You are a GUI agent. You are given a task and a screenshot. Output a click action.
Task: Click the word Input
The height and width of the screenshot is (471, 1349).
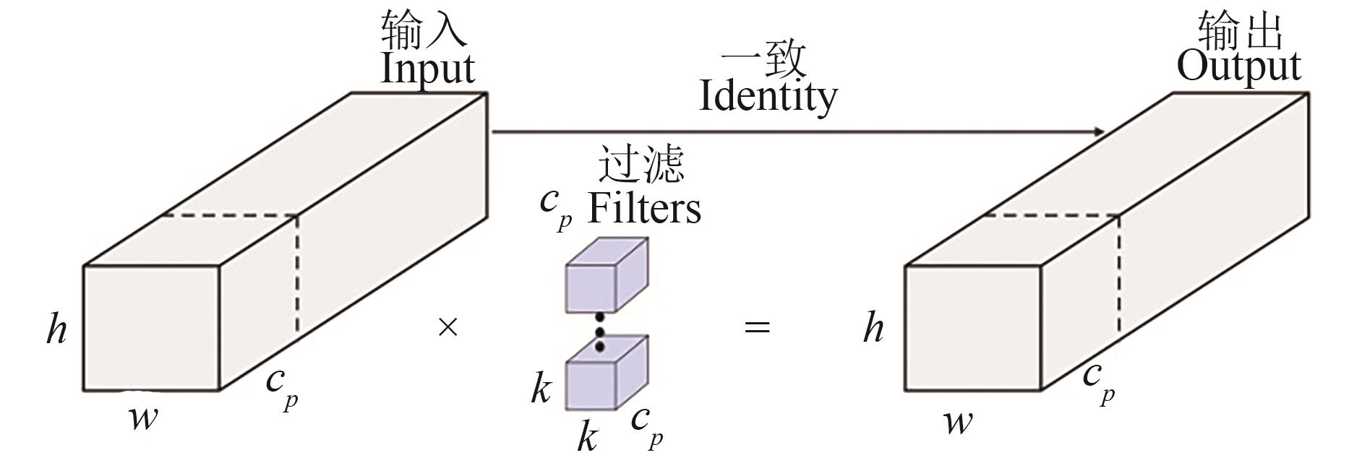tap(427, 69)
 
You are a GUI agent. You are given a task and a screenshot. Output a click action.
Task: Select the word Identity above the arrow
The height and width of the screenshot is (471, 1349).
tap(768, 97)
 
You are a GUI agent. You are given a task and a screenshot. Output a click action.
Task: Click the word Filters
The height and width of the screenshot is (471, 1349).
tap(643, 209)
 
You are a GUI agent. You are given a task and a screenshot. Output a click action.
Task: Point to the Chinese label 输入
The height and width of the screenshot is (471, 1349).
tap(423, 29)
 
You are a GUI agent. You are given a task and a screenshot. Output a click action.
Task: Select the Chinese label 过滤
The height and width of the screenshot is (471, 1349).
tap(641, 164)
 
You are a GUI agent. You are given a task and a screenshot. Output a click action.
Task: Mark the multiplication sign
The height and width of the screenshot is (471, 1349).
tap(448, 328)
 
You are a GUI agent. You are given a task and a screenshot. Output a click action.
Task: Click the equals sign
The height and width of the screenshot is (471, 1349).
tap(757, 327)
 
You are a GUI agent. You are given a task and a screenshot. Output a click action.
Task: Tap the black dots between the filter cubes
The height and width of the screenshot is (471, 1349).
tap(599, 332)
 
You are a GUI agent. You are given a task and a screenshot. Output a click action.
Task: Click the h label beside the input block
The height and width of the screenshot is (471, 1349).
tap(57, 329)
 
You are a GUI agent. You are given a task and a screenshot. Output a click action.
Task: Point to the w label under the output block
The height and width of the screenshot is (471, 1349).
tap(958, 421)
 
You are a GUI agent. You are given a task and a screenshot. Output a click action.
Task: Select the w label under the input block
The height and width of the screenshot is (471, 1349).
tap(143, 418)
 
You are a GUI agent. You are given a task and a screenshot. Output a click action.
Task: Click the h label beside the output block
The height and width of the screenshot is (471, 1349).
tap(873, 329)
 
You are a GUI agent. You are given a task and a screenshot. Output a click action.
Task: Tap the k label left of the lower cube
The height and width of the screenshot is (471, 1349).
tap(541, 389)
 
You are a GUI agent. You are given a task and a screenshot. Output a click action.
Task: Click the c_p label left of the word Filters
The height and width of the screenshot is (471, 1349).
tap(555, 208)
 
